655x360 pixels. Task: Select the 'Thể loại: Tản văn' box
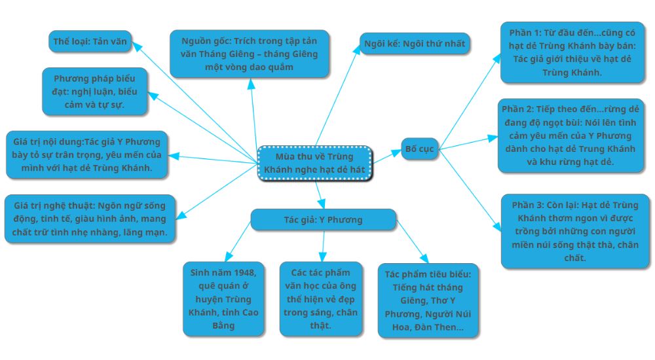tap(90, 41)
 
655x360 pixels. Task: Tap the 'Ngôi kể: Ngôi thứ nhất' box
tap(415, 44)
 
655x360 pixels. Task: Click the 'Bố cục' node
tap(419, 149)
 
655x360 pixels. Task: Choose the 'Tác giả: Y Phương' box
tap(323, 219)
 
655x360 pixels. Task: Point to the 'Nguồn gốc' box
tap(249, 54)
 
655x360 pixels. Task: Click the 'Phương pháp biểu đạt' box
tap(94, 91)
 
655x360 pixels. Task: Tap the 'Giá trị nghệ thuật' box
tap(90, 219)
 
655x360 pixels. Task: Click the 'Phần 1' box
tap(572, 52)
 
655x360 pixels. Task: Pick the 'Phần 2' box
tap(571, 136)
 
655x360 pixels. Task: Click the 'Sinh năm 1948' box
tap(223, 298)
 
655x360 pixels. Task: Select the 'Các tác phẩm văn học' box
tap(321, 298)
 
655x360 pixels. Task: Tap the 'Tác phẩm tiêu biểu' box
tap(428, 300)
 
